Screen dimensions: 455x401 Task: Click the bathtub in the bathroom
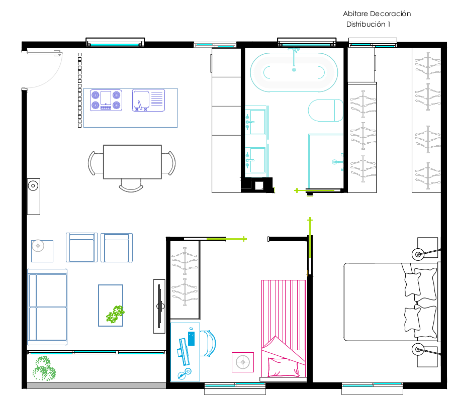pyautogui.click(x=294, y=72)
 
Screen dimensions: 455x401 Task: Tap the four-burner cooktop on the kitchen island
pyautogui.click(x=106, y=101)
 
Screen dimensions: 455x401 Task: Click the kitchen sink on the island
pyautogui.click(x=148, y=101)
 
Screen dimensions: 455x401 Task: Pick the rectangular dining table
pyautogui.click(x=132, y=162)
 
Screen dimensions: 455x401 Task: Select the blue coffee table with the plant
pyautogui.click(x=111, y=306)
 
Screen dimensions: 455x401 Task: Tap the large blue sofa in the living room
pyautogui.click(x=47, y=307)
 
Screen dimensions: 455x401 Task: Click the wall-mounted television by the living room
pyautogui.click(x=159, y=306)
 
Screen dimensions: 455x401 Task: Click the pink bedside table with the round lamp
pyautogui.click(x=243, y=362)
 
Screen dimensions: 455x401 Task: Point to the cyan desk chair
pyautogui.click(x=208, y=343)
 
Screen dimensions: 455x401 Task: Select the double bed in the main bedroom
pyautogui.click(x=391, y=302)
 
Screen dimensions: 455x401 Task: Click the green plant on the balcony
pyautogui.click(x=44, y=368)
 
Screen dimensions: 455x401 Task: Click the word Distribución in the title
pyautogui.click(x=366, y=24)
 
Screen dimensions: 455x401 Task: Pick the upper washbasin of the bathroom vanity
pyautogui.click(x=255, y=122)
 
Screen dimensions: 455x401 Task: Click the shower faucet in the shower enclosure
pyautogui.click(x=337, y=162)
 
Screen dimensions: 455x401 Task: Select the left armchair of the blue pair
pyautogui.click(x=81, y=247)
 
